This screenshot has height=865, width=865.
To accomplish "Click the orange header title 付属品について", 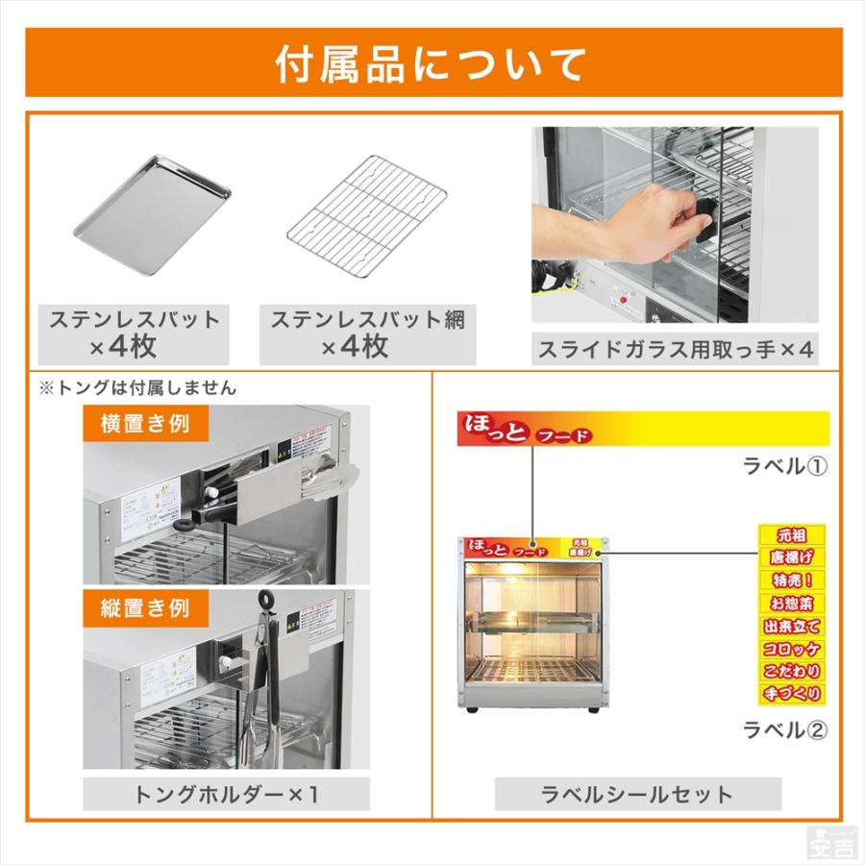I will pos(432,63).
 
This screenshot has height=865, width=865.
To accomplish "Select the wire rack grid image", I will pos(367,217).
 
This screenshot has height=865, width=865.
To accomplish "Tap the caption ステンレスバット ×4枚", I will pos(134,333).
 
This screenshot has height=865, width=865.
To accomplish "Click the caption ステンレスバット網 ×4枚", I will pos(367,333).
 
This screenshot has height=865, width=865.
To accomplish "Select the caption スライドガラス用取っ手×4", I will pos(675,348).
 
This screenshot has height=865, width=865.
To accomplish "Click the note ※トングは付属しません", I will pos(136,388).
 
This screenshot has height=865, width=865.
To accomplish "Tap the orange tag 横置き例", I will pos(145,423).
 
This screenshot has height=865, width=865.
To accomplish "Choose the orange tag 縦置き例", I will pos(145,607).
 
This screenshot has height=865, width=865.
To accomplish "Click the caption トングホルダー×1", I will pos(226,794).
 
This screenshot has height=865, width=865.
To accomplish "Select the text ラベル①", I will pos(785,466).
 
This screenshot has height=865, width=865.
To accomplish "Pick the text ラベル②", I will pos(785,729).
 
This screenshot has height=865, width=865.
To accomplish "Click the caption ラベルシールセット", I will pos(637,794).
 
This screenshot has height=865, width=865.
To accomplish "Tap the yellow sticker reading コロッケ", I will pos(791,648).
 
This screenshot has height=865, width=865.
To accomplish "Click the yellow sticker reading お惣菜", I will pos(791,604).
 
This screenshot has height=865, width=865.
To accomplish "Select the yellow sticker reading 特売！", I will pos(791,581).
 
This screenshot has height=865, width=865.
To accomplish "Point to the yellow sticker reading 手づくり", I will pos(791,692).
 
